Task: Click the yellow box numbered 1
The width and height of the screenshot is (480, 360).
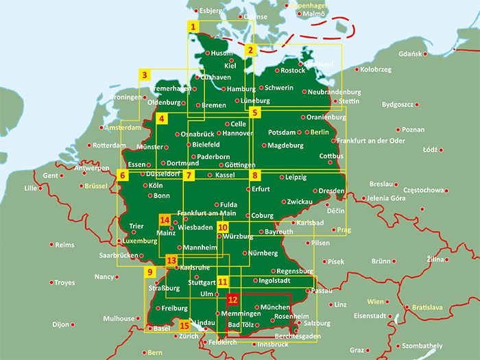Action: coord(194,27)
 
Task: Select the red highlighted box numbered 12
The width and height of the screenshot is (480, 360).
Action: coord(233,300)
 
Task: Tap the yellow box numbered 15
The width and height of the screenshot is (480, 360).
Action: coord(184,325)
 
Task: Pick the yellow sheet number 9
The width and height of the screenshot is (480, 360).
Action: coord(149,273)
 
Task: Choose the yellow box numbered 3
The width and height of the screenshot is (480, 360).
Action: coord(145,75)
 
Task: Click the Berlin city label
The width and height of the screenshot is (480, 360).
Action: coord(320,132)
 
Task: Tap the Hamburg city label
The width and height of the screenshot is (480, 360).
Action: coord(241,89)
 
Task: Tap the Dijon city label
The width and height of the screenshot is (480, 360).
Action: coord(61,324)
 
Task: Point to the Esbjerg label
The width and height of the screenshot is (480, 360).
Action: coord(211,11)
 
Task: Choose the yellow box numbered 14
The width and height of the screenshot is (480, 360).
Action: coord(165,220)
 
